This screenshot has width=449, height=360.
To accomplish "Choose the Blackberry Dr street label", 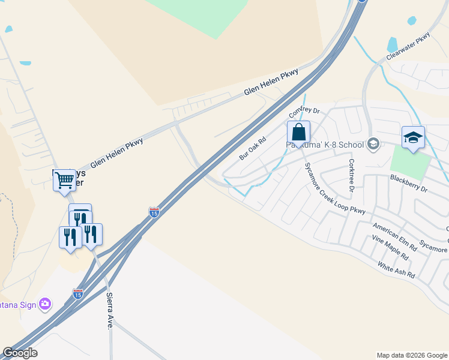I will (x=408, y=183).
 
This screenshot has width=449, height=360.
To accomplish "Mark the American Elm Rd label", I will (x=394, y=236).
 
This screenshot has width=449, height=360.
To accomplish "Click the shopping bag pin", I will (x=298, y=133).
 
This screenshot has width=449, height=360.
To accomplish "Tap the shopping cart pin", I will (x=64, y=179).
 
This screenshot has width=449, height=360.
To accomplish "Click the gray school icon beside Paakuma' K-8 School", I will (x=373, y=143).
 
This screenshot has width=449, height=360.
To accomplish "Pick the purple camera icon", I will (x=45, y=304).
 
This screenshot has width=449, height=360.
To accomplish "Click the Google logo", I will (x=20, y=353).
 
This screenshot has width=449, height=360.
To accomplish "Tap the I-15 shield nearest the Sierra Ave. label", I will (x=77, y=293).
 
